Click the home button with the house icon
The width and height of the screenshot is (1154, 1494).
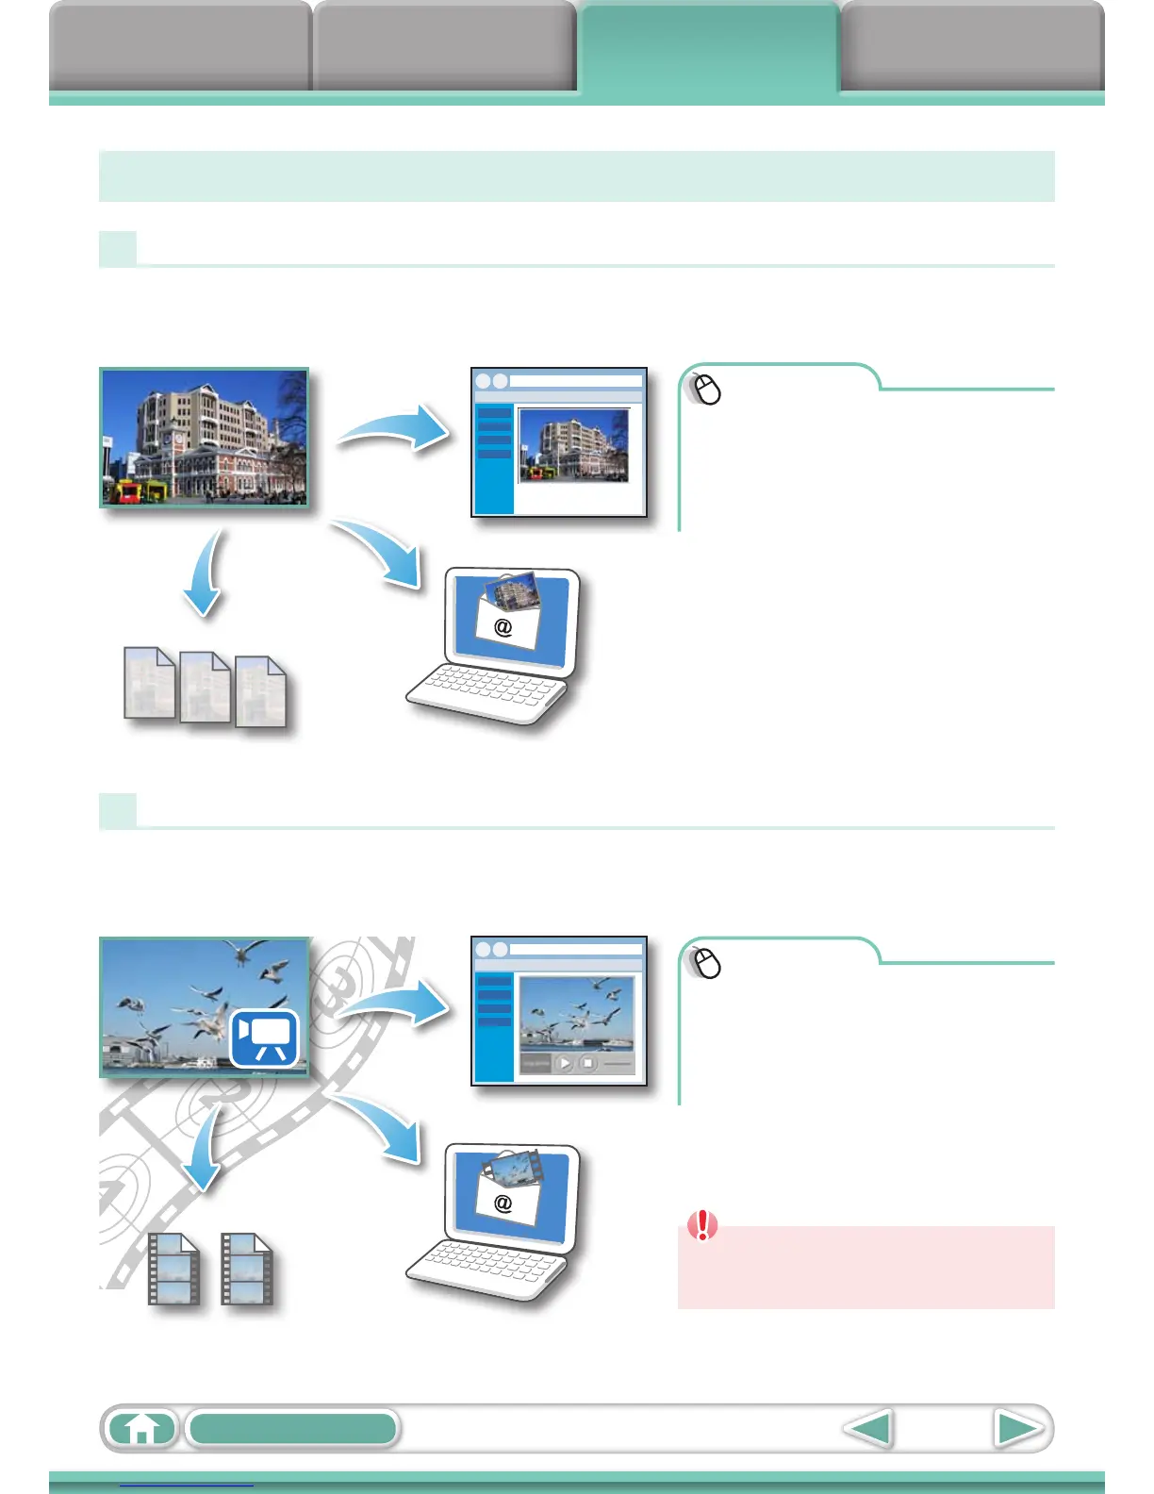click(141, 1429)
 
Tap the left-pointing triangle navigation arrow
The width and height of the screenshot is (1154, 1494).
click(868, 1429)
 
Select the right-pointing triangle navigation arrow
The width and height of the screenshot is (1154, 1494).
click(1017, 1429)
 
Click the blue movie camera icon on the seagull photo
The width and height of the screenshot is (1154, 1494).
click(264, 1037)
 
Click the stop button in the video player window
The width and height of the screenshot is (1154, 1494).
click(587, 1063)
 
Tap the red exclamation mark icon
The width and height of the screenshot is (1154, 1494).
click(702, 1225)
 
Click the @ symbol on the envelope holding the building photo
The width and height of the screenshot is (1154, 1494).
click(503, 626)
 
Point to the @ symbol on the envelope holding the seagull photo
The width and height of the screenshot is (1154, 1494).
click(503, 1203)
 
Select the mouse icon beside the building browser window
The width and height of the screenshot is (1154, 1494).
click(706, 389)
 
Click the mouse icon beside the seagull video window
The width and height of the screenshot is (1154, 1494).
click(706, 963)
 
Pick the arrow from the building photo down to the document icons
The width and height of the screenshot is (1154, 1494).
click(206, 575)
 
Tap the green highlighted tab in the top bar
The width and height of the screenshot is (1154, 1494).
click(708, 47)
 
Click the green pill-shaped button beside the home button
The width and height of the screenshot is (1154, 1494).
click(292, 1429)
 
